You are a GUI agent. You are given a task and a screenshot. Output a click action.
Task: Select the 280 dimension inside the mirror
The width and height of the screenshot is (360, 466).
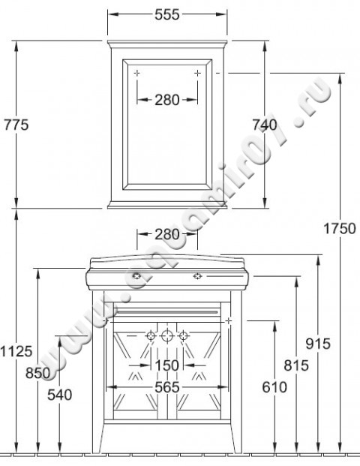166,100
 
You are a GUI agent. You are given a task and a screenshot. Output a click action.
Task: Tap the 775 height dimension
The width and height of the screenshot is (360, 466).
15,125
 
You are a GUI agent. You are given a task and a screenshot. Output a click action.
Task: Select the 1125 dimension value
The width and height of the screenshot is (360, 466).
16,350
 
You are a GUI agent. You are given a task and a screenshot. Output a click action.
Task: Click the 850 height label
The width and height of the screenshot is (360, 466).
37,373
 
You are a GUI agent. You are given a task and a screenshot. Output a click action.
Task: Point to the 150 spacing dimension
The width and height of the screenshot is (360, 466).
166,365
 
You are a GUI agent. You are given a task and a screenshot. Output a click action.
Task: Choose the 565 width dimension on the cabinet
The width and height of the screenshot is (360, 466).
166,387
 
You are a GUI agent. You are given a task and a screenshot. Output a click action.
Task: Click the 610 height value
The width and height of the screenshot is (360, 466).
274,387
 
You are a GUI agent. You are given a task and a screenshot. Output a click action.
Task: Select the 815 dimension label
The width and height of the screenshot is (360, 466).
296,365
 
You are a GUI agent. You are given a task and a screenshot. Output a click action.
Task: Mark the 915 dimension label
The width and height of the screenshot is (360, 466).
318,343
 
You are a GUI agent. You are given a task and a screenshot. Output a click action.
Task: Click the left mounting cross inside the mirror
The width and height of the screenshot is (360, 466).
136,73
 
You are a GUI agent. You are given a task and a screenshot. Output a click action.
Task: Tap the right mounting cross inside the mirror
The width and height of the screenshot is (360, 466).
197,73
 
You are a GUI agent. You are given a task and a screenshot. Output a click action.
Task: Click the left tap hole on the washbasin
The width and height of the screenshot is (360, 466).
136,276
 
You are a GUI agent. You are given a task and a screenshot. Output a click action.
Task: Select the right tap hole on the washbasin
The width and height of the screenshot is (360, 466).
197,276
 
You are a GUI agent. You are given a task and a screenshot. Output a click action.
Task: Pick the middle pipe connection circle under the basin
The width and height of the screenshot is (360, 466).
166,335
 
